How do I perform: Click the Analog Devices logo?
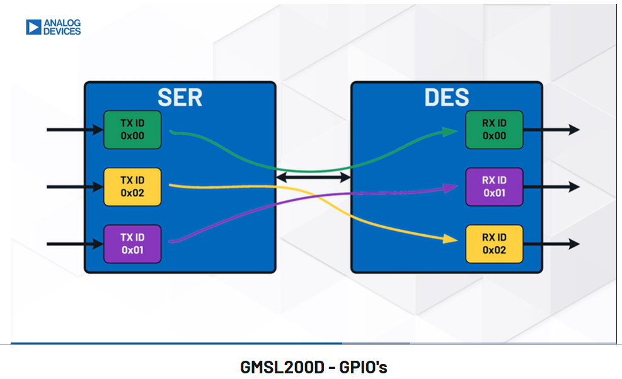[x=53, y=27]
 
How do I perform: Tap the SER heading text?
[x=180, y=98]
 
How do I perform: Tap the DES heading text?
[x=447, y=98]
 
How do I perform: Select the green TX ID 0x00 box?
[x=132, y=130]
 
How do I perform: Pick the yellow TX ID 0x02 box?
[x=132, y=187]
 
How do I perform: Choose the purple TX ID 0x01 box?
[x=132, y=244]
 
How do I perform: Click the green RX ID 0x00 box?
[x=494, y=130]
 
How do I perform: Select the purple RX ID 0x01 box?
[x=494, y=187]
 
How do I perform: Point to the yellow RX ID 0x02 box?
[x=494, y=244]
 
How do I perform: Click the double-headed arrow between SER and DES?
[x=313, y=177]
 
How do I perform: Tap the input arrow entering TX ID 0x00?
[x=75, y=130]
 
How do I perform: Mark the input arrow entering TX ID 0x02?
[x=75, y=187]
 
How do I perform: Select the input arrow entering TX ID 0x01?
[x=75, y=244]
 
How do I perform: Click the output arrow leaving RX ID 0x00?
[x=551, y=130]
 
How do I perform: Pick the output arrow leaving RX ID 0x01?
[x=551, y=187]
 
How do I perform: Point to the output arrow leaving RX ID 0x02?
[x=551, y=244]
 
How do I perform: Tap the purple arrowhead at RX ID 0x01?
[x=451, y=188]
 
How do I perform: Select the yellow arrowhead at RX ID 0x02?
[x=450, y=239]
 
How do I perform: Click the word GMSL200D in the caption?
[x=282, y=367]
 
